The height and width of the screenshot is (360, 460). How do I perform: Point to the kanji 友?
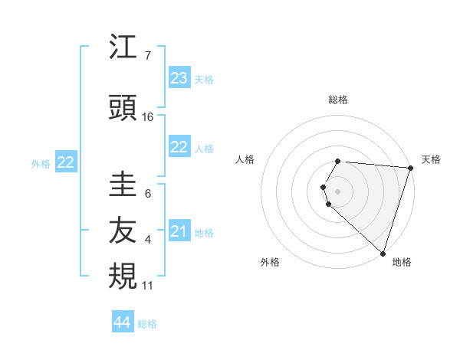click(x=123, y=231)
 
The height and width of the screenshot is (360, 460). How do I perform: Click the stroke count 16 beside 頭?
click(x=148, y=117)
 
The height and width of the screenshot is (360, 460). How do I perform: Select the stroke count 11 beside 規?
click(x=148, y=286)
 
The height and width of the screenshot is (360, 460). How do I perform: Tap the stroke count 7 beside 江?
click(x=148, y=56)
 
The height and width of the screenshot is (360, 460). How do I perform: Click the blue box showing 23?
click(x=179, y=78)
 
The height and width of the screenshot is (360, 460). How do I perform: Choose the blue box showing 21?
click(x=179, y=231)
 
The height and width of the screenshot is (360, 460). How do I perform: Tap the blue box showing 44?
click(x=123, y=322)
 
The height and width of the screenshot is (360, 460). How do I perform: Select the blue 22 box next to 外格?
click(x=66, y=162)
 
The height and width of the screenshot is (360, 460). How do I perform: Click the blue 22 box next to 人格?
click(x=179, y=147)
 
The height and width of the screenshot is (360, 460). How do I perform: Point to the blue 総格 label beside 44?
click(x=147, y=324)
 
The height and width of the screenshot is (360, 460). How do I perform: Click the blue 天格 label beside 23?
click(x=204, y=80)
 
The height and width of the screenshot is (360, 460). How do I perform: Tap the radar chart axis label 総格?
click(x=338, y=100)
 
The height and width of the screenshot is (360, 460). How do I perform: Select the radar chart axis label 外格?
click(x=270, y=262)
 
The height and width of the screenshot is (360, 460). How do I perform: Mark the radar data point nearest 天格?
click(x=410, y=168)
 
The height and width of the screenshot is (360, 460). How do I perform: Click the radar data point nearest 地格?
click(x=383, y=253)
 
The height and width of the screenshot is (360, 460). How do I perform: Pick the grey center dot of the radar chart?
click(x=338, y=191)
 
